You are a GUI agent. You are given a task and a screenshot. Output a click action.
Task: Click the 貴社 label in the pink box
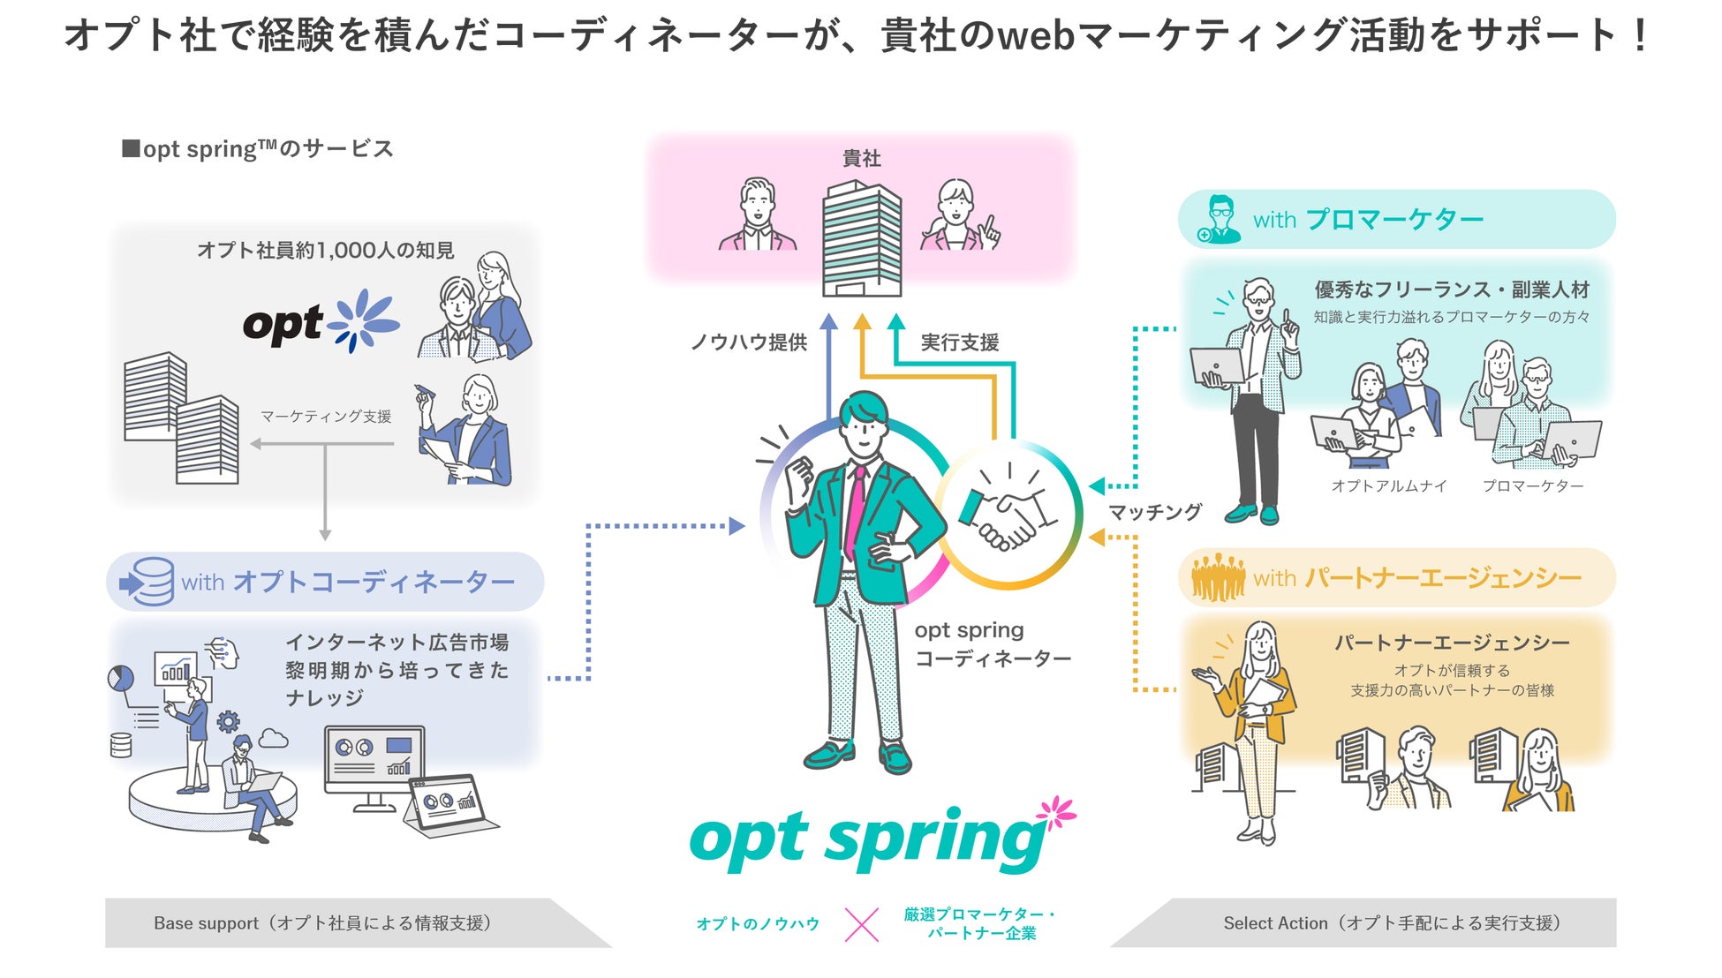(861, 159)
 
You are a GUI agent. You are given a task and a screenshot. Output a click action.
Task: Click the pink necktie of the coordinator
(855, 512)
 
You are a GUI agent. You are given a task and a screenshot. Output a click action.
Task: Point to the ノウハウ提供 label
(749, 342)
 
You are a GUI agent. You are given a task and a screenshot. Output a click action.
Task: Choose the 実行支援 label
(960, 342)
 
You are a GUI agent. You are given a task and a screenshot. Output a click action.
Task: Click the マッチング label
(1155, 512)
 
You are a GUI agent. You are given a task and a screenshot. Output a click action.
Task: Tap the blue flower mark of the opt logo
(362, 320)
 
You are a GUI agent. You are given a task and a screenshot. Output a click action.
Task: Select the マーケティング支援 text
(326, 417)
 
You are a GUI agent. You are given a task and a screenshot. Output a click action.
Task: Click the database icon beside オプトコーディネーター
(147, 581)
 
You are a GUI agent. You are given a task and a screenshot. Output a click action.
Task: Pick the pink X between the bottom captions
(861, 924)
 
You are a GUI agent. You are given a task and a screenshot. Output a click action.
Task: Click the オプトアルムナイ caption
(1389, 485)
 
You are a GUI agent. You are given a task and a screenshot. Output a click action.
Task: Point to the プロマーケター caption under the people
(1533, 485)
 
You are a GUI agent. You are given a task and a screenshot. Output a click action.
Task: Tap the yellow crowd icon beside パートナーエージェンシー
(1218, 577)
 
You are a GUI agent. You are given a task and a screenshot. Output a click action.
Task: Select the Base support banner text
(322, 923)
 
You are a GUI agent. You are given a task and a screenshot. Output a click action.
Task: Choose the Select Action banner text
(1392, 923)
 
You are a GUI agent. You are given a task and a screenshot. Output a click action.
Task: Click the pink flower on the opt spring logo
(1057, 812)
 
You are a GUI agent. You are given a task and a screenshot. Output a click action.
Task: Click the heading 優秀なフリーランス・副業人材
(1452, 290)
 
